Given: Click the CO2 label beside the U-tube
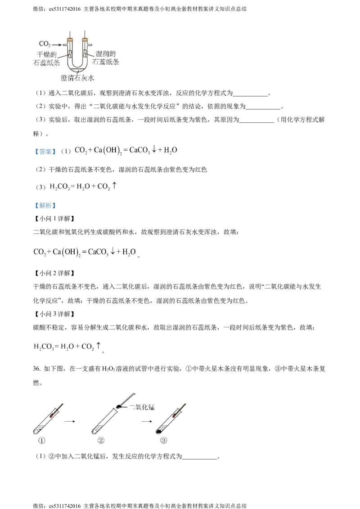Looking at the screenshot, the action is pyautogui.click(x=44, y=45).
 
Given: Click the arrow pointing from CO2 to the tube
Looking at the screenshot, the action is pyautogui.click(x=57, y=45).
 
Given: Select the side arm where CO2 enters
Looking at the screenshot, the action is pyautogui.click(x=66, y=45).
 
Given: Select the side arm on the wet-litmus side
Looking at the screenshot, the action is pyautogui.click(x=90, y=45).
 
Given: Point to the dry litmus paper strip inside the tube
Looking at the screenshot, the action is pyautogui.click(x=70, y=54).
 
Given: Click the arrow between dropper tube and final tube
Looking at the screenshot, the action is pyautogui.click(x=147, y=422).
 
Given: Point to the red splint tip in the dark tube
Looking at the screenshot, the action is pyautogui.click(x=52, y=416).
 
